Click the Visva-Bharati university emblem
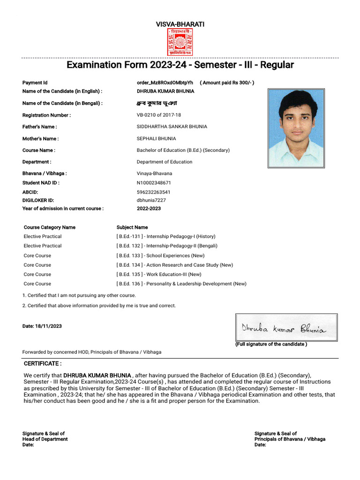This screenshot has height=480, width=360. click(x=180, y=42)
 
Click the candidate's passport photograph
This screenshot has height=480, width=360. click(x=295, y=128)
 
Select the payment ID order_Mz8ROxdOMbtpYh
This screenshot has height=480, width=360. click(x=165, y=83)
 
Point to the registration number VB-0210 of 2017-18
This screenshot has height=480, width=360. click(x=159, y=115)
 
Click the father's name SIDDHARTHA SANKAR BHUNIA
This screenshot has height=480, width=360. click(x=172, y=127)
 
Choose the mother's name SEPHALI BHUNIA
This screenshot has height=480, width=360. click(x=157, y=139)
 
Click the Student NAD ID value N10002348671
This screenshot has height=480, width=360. click(x=154, y=183)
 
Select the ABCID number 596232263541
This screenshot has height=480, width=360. click(x=154, y=192)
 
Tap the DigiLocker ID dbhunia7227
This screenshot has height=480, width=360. click(x=151, y=200)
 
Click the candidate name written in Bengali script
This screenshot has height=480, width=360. click(x=157, y=103)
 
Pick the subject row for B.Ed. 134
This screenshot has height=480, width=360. click(x=174, y=265)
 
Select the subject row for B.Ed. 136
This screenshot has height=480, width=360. click(x=181, y=284)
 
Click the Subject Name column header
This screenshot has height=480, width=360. click(x=132, y=227)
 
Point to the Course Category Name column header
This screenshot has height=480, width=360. click(x=49, y=227)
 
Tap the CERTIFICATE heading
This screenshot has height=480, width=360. click(x=43, y=364)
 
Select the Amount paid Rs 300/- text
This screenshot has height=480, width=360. click(x=227, y=83)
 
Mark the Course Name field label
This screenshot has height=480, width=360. click(x=39, y=150)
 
